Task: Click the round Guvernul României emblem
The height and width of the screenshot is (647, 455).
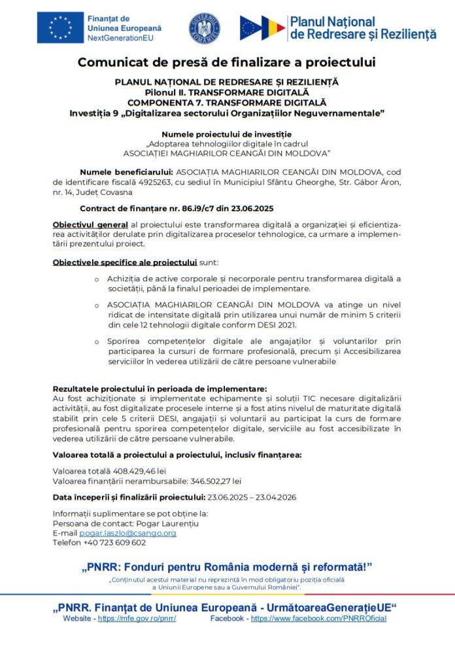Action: [204, 28]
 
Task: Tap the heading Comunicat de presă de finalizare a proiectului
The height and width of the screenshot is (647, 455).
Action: [227, 63]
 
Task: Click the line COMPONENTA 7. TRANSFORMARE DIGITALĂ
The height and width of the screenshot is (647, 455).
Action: [227, 103]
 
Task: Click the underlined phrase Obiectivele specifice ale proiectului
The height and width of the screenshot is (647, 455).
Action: [125, 262]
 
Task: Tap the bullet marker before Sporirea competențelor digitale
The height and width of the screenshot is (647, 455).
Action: [97, 341]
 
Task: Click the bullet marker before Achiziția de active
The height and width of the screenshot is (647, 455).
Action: [97, 279]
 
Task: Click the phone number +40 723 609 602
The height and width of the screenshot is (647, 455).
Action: [113, 542]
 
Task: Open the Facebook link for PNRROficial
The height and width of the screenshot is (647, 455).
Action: [318, 618]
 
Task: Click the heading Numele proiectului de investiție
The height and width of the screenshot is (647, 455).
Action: [227, 134]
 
